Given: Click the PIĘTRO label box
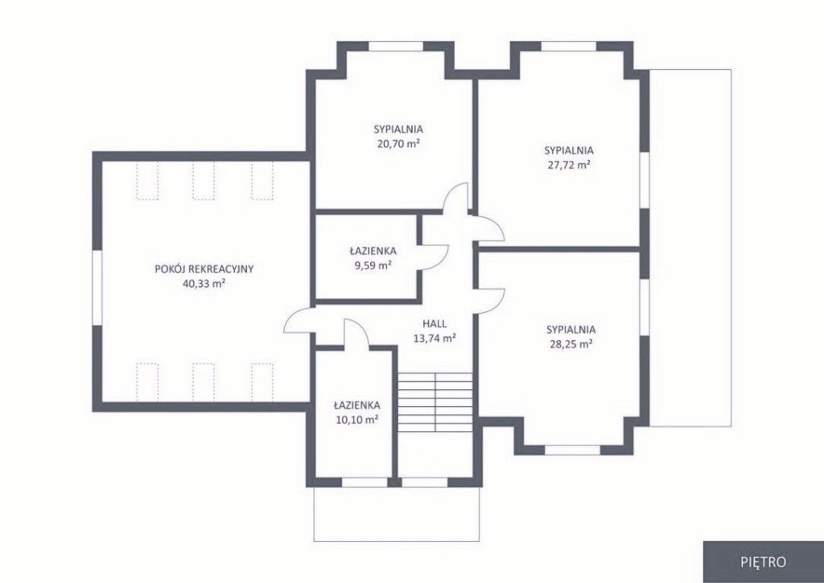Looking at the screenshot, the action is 764,561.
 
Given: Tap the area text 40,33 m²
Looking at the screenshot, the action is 204,284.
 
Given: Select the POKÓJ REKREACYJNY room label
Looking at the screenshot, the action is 204,269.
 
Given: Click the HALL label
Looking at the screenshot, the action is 435,323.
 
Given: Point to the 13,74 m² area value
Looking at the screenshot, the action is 435,339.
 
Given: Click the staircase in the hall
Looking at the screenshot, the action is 435,402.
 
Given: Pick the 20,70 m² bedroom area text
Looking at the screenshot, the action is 398,143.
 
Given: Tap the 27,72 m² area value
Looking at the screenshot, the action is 569,164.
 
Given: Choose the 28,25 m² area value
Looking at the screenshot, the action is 571,344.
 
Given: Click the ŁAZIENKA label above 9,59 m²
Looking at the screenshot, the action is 373,251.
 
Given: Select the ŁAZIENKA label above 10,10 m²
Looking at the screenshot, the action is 356,405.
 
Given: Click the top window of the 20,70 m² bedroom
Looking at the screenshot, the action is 396,46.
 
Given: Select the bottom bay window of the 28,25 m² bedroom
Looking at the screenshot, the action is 572,450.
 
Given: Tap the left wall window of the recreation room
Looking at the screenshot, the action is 97,288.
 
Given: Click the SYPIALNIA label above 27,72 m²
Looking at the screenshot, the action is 569,150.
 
